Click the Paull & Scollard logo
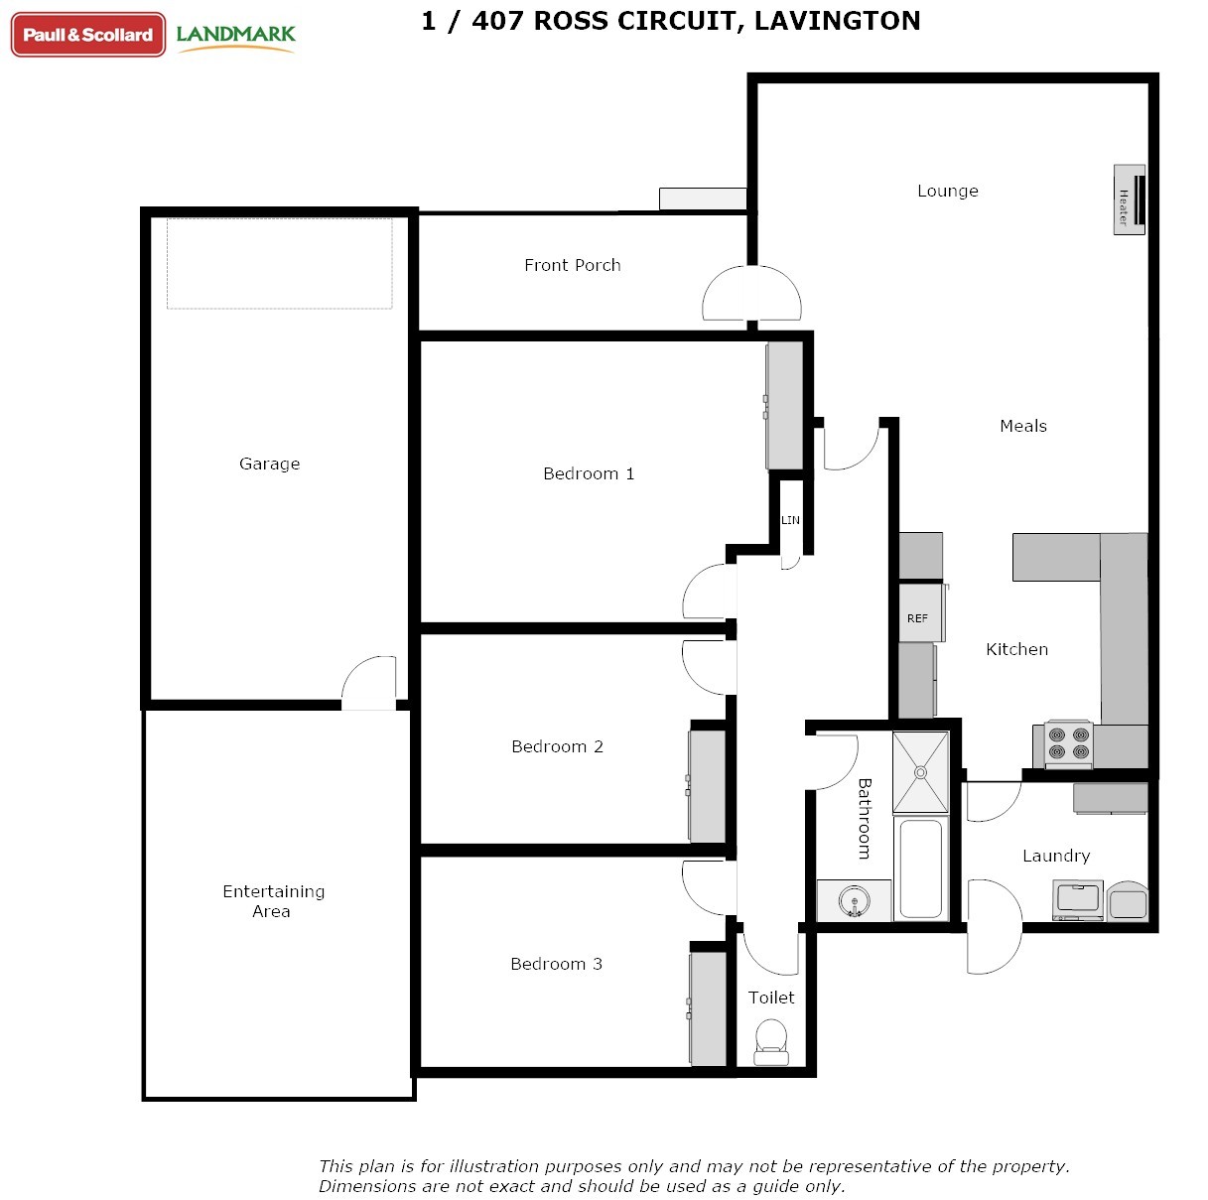(88, 35)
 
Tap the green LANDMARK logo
(235, 37)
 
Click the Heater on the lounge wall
(1129, 200)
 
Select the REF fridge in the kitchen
(920, 612)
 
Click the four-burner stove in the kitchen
(1069, 743)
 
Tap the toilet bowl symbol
(771, 1042)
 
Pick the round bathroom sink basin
(855, 901)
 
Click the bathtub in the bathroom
(921, 867)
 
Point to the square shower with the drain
(920, 772)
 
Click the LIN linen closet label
(790, 520)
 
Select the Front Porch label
(573, 265)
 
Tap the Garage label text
(270, 464)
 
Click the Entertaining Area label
(273, 901)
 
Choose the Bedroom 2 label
(557, 746)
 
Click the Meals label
(1023, 426)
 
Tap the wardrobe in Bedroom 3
(708, 1008)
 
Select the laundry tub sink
(1078, 899)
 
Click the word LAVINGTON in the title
(837, 21)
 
